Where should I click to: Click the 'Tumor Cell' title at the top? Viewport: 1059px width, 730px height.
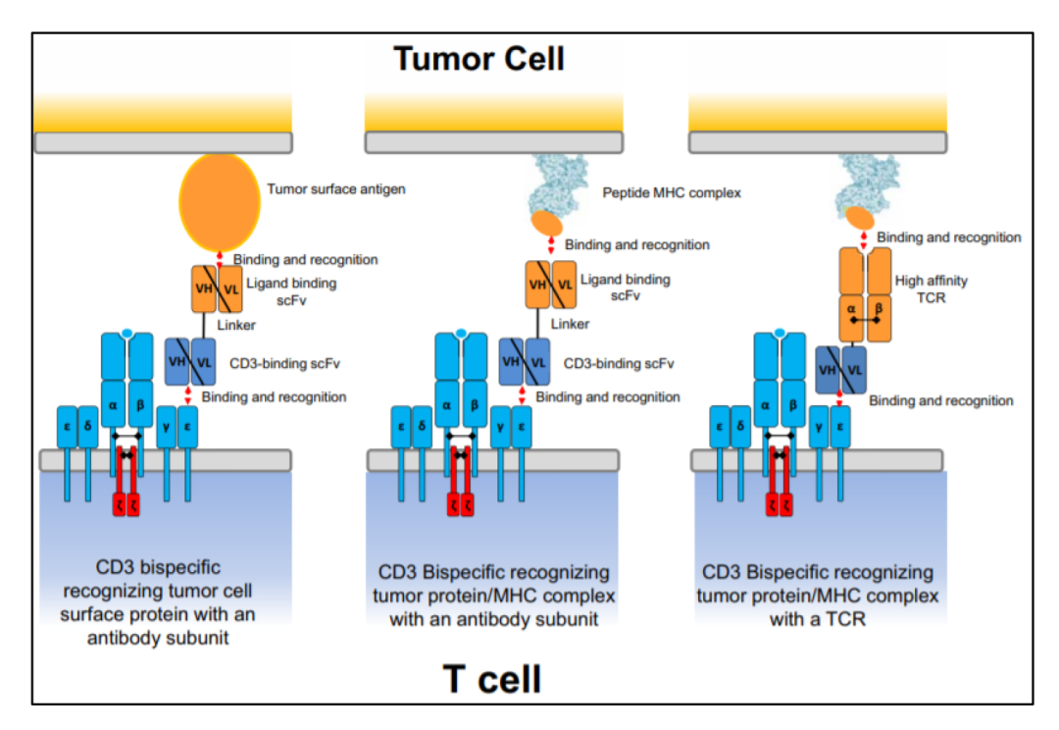click(479, 59)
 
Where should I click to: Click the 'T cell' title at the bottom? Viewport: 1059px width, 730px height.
click(492, 678)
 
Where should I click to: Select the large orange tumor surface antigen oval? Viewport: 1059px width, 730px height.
click(220, 201)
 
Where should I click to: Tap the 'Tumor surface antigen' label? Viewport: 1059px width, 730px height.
click(335, 188)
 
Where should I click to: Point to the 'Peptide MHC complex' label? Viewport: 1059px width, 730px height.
click(671, 193)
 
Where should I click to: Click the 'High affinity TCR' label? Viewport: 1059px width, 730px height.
click(931, 288)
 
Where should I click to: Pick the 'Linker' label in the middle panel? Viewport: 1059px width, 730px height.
click(571, 324)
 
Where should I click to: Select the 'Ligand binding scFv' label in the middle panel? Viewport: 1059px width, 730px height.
click(626, 287)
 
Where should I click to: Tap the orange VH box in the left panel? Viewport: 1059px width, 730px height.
click(203, 289)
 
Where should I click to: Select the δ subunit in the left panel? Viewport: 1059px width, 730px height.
click(89, 427)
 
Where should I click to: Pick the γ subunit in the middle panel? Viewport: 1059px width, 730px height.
click(501, 427)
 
